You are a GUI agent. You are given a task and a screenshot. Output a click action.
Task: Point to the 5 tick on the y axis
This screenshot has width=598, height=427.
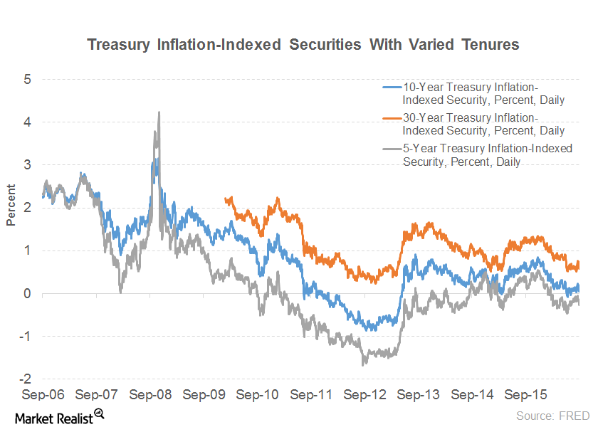(x=27, y=79)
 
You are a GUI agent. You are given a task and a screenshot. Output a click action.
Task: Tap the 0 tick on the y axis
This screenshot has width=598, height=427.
(x=27, y=293)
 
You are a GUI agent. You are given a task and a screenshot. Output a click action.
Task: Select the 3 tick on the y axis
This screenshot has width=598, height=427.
(x=27, y=164)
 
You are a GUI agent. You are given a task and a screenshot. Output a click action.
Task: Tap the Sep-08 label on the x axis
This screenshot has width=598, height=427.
(x=149, y=394)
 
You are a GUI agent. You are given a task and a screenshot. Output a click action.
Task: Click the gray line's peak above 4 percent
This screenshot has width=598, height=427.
(x=158, y=112)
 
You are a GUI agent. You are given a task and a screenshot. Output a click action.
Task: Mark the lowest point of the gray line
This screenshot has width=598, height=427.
(x=363, y=364)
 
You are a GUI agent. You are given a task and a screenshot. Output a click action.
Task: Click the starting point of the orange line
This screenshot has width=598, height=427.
(x=225, y=199)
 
